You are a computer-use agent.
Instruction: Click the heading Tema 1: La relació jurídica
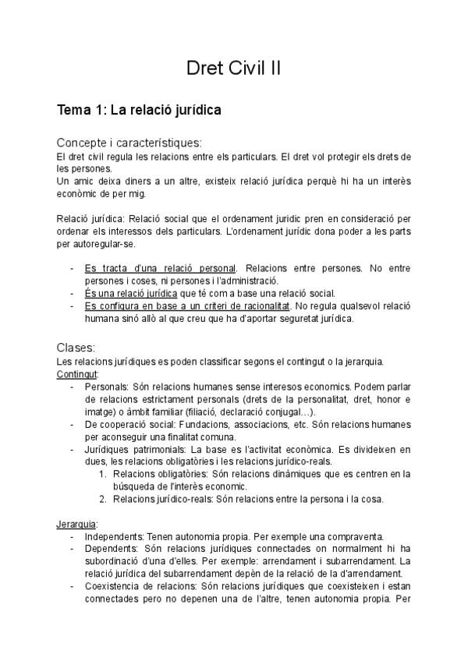coord(139,110)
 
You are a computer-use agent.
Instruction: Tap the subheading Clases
coord(76,347)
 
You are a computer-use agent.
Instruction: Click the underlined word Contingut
coord(76,373)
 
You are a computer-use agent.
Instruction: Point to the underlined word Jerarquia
coord(76,524)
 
